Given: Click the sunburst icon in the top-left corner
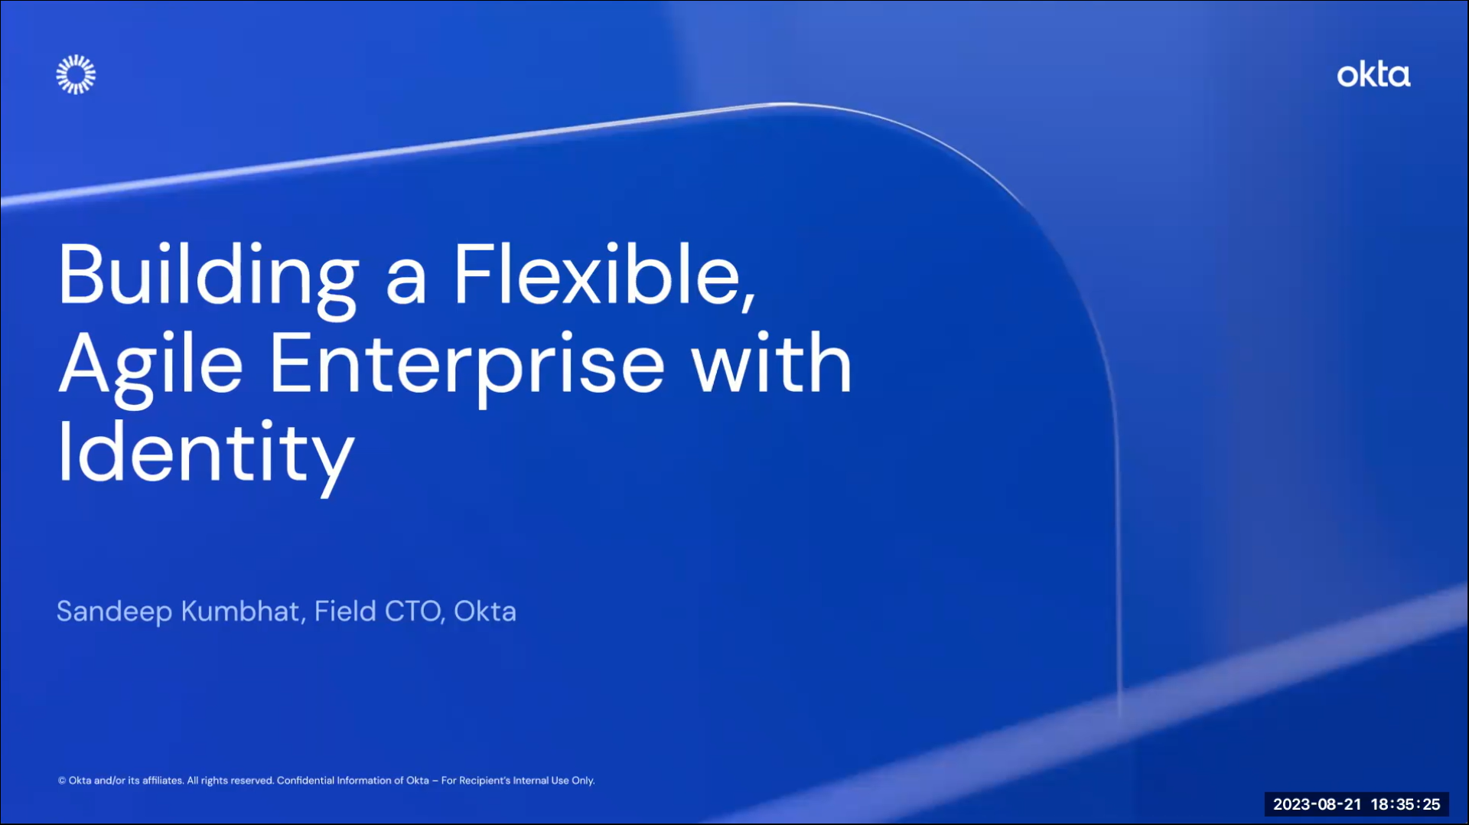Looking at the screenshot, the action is [76, 74].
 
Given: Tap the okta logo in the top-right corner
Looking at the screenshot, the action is [1373, 74].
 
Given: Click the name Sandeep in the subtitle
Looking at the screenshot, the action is [115, 611].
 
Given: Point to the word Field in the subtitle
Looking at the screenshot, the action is [345, 611].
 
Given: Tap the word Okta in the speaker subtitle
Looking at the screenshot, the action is [485, 611].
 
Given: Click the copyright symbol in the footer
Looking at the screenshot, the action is [62, 781].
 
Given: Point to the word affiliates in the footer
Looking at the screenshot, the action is [163, 781].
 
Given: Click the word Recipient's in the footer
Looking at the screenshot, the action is [484, 781].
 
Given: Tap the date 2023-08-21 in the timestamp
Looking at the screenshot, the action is [1317, 804].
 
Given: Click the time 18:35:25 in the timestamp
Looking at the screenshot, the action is [1405, 804].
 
